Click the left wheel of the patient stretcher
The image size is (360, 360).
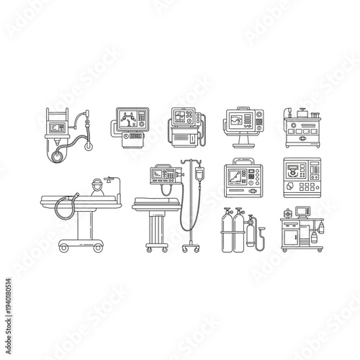point(63,248)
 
